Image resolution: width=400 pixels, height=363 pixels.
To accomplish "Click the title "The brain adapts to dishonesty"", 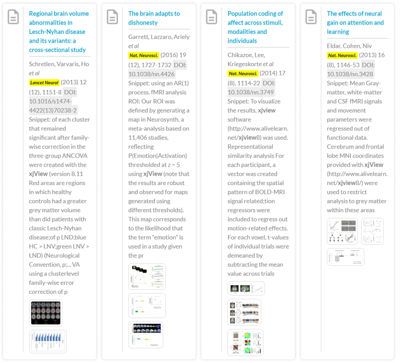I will (x=154, y=18).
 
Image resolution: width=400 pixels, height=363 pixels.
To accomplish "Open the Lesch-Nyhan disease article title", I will (x=58, y=32).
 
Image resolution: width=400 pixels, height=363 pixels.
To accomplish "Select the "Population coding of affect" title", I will (x=255, y=27).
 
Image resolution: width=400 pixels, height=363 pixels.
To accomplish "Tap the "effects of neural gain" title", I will (x=355, y=23).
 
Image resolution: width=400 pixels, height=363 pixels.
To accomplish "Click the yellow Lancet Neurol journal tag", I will (x=44, y=83).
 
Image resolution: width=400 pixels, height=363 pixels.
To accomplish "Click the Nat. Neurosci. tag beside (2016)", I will (x=144, y=55).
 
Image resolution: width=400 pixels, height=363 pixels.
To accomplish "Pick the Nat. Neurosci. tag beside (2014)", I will (x=243, y=74).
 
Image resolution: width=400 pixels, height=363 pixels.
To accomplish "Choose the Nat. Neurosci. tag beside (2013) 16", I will (x=342, y=55).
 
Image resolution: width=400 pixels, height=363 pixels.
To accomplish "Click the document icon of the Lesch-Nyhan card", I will (x=13, y=17).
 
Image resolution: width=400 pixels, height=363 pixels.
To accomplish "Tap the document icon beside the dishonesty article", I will (x=112, y=17).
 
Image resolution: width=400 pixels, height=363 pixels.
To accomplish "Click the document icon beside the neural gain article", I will (x=311, y=17).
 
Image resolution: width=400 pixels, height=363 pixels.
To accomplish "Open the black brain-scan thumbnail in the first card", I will (x=46, y=313).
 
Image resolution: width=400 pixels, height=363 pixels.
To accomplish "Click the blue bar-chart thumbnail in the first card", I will (x=48, y=341).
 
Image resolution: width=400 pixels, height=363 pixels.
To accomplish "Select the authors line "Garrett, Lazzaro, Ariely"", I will (x=159, y=37).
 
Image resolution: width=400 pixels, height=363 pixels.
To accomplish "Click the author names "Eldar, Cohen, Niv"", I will (x=349, y=46).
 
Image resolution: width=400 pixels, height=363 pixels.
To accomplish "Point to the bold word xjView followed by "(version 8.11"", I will (x=38, y=174).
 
